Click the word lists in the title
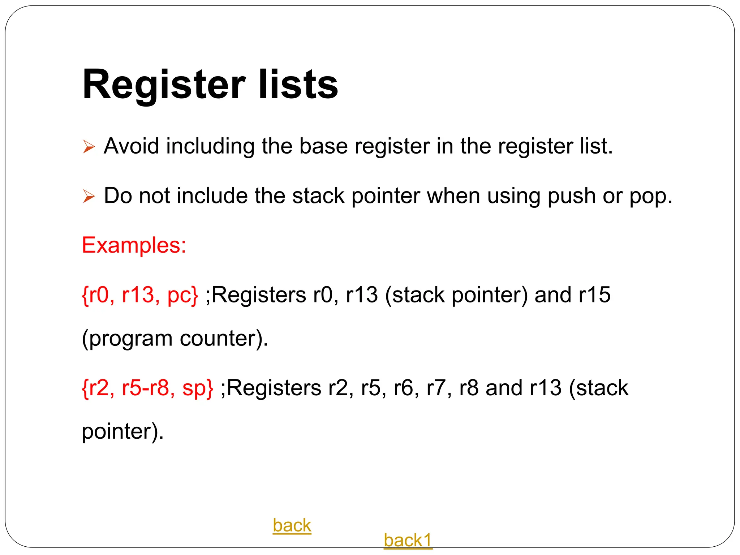tap(298, 85)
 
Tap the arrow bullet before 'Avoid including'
tap(89, 147)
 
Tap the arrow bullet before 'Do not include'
tap(89, 196)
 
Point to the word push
tap(571, 196)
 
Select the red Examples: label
tap(134, 245)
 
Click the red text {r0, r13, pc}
tap(140, 295)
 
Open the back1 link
tap(408, 541)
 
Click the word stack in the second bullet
tap(318, 196)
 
